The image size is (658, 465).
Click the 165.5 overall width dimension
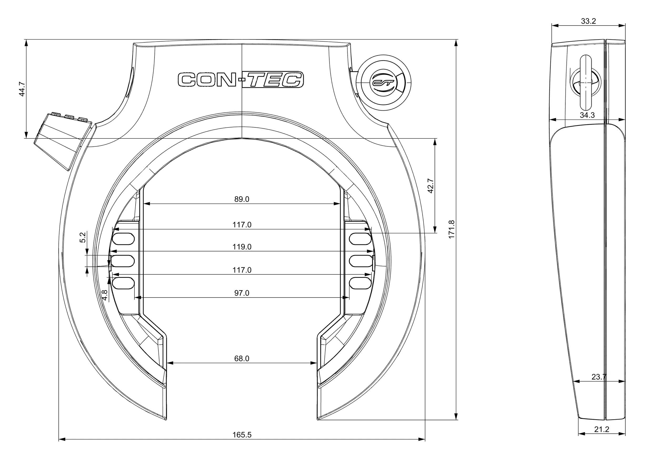[242, 435]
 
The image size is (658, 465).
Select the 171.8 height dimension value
[451, 229]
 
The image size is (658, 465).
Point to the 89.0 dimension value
[242, 199]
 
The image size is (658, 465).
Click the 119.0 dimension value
[242, 247]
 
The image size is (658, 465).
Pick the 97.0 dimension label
[242, 293]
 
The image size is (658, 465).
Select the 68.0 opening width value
[242, 359]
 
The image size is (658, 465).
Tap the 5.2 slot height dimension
[83, 238]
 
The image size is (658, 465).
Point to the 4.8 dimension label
[105, 295]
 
